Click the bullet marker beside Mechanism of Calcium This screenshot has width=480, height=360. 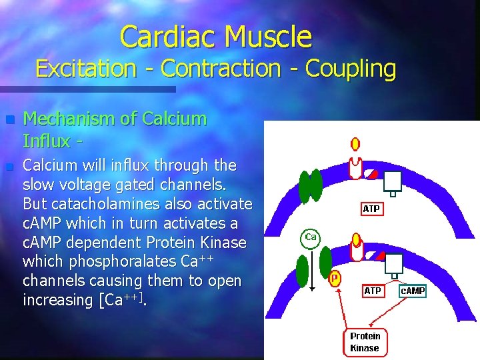[9, 120]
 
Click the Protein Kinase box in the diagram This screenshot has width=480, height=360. [365, 342]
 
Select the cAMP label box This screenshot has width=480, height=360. [412, 291]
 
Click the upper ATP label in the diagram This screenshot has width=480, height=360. [371, 209]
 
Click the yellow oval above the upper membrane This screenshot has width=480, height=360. [355, 144]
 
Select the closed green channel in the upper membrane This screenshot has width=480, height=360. [311, 186]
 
